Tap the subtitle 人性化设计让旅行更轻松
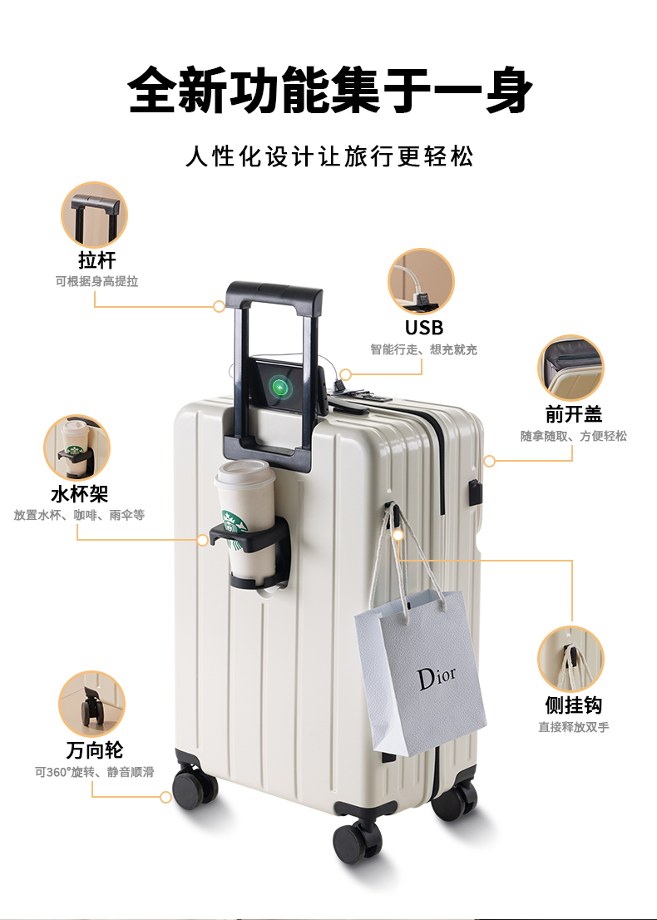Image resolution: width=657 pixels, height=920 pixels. (x=329, y=156)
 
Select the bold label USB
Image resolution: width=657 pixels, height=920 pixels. (x=424, y=327)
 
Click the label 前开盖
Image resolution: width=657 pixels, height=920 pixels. (x=573, y=414)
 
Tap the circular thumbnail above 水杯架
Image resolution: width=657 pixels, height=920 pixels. (x=77, y=448)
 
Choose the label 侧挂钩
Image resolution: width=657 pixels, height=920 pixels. (x=573, y=705)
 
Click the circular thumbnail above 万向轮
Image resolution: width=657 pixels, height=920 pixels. (x=91, y=704)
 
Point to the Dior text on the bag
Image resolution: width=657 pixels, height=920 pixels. (x=437, y=677)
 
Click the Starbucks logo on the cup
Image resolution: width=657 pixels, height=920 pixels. (x=234, y=524)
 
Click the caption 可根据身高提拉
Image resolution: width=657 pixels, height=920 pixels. (x=96, y=282)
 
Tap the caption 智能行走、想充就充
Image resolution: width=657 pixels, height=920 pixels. (x=423, y=350)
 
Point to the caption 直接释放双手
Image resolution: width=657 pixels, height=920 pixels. (x=573, y=727)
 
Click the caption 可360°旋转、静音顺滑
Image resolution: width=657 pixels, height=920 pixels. (x=94, y=772)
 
